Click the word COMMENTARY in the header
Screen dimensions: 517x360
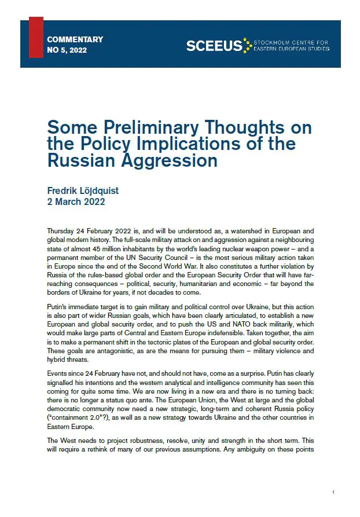(x=75, y=39)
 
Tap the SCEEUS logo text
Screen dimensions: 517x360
(x=214, y=46)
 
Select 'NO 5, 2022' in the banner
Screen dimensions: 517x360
(x=67, y=51)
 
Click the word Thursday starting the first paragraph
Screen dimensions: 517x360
(x=61, y=230)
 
